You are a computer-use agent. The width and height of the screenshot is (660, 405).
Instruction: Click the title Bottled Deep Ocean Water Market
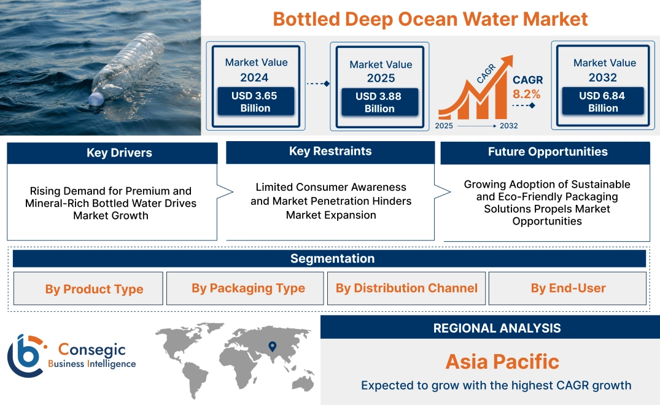coord(430,19)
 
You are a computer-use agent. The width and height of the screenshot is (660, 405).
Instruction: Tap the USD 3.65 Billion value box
coord(255,102)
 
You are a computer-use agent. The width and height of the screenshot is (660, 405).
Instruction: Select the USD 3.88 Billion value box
coord(379,102)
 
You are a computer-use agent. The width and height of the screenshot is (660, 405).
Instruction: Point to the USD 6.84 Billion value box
coord(603,102)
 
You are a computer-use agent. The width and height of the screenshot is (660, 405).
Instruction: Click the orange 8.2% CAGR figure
coord(527,94)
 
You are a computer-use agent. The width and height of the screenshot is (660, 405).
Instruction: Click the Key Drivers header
coord(119,153)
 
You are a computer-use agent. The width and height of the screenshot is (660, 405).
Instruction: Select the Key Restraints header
coord(330,152)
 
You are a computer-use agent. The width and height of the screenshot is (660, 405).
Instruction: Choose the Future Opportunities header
coord(548,152)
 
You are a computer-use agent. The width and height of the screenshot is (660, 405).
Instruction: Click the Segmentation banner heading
coord(332,258)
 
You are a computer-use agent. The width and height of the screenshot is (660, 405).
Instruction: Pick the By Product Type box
coord(94,289)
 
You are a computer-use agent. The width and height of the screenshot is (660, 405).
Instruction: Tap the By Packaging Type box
coord(248,288)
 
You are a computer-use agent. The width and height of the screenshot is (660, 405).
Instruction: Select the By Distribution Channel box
coord(406,288)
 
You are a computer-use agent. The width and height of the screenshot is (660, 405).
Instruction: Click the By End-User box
coord(568,288)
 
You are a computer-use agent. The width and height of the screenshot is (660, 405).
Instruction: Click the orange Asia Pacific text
coord(502,361)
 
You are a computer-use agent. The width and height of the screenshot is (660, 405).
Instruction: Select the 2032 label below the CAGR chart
coord(508,126)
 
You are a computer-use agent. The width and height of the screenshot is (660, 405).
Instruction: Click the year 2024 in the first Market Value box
coord(254,77)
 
